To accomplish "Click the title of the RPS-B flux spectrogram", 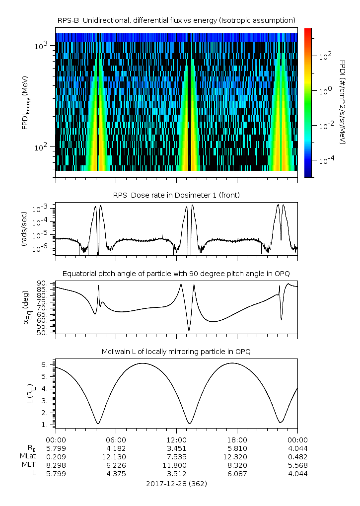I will coord(177,20).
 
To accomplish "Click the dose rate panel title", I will coord(177,195).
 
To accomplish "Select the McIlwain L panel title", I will coord(177,352).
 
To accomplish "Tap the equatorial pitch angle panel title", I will coord(177,274).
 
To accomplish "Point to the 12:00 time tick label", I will coord(177,440).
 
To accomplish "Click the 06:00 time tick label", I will coord(116,440).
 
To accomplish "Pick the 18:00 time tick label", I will coord(237,440).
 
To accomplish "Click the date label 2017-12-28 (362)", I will coord(177,483).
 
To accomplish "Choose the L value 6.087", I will coord(237,474).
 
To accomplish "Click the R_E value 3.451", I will coord(177,448).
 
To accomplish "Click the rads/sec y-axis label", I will coord(24,228).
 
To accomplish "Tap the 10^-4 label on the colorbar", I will coord(325,161).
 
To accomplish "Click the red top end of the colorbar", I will coord(308,30).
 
